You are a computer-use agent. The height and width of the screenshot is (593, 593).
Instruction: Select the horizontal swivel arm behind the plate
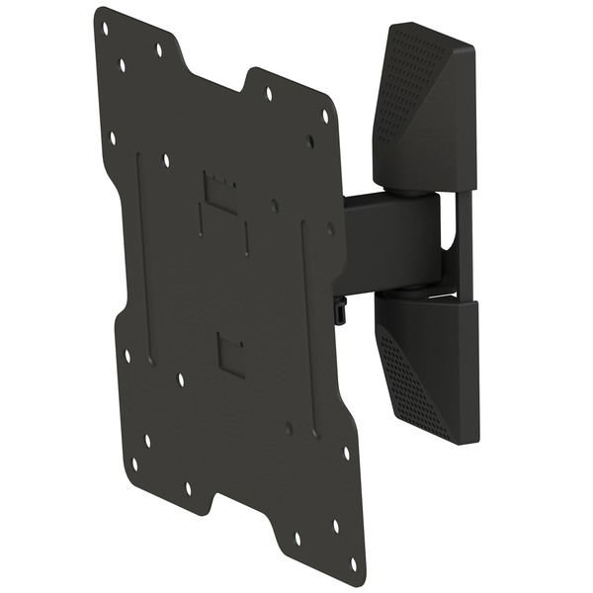coord(390,242)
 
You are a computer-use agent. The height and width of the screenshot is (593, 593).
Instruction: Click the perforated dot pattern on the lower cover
coord(410,381)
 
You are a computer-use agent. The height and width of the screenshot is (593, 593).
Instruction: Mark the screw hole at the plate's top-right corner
coord(325,116)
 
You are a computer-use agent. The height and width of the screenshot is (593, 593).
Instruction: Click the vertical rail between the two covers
coord(464,242)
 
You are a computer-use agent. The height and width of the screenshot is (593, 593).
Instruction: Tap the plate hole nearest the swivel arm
coord(330,228)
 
